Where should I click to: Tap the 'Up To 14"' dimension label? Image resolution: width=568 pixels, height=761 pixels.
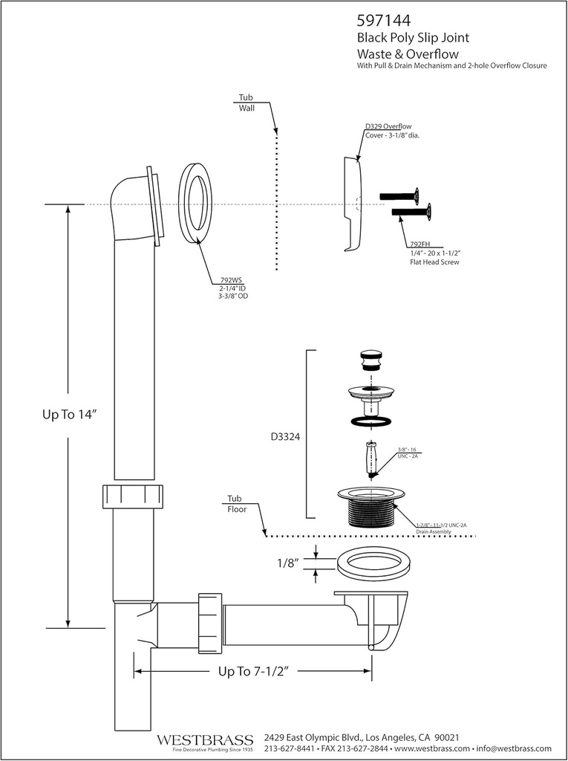[71, 415]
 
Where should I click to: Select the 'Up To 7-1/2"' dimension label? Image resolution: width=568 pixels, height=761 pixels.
[252, 671]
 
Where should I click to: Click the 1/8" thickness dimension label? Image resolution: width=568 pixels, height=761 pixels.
[286, 563]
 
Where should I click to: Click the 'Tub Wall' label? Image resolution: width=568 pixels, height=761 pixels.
[246, 103]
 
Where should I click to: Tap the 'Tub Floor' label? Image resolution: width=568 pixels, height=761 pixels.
[235, 503]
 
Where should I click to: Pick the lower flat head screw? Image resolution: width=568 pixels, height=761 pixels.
[412, 214]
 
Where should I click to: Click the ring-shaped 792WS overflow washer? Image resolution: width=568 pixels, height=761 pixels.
[195, 201]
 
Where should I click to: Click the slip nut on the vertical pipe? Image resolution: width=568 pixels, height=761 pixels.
[133, 496]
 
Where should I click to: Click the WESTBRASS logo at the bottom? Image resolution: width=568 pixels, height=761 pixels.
[205, 740]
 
